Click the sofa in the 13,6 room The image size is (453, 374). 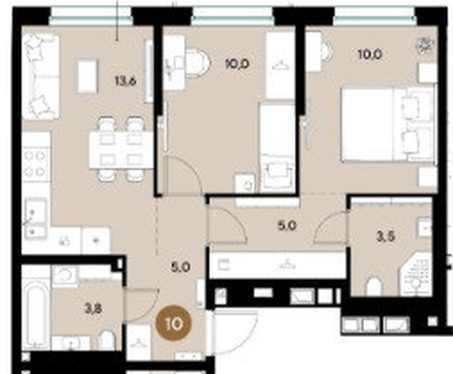pyautogui.click(x=40, y=75)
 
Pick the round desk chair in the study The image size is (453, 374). pyautogui.click(x=197, y=62)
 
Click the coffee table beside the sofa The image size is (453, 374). pyautogui.click(x=86, y=75)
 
